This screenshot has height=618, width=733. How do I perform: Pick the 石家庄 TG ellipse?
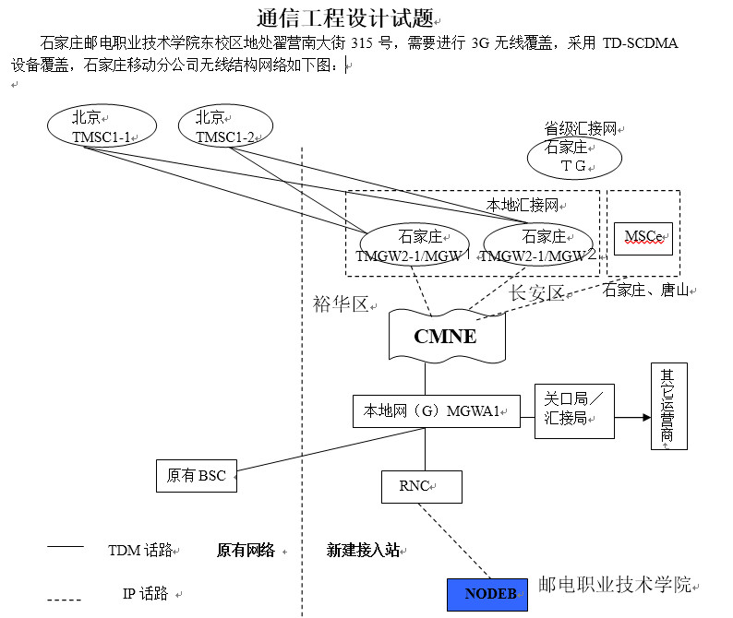coord(574,158)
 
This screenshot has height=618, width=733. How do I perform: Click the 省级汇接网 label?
coord(580,129)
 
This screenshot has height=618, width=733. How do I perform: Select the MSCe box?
coord(643,237)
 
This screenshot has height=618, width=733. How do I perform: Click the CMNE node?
coord(446,336)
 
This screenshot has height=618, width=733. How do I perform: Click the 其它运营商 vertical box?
coord(668,407)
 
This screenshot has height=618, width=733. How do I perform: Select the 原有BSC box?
coord(197,476)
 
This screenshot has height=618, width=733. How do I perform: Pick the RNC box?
coord(421,486)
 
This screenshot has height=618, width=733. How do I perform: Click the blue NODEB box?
coord(487,594)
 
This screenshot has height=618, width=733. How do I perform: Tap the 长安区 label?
coord(538,293)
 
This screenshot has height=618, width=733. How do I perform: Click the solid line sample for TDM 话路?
coord(66,548)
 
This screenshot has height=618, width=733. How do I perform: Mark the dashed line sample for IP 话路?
coord(66,600)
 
